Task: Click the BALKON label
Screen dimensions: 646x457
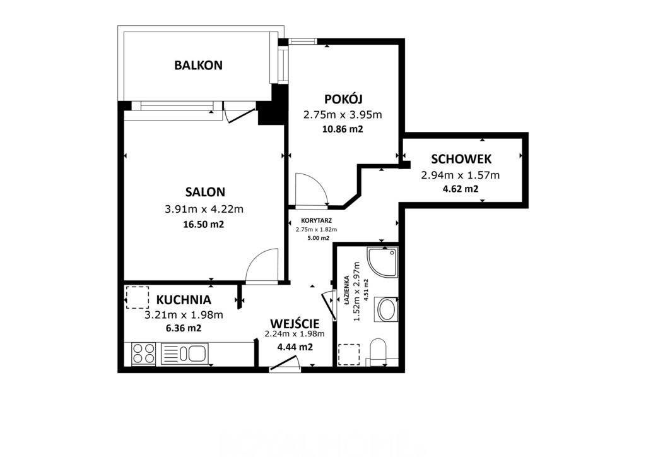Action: tap(198, 65)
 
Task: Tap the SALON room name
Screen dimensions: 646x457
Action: tap(205, 192)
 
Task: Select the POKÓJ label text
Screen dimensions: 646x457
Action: tap(343, 99)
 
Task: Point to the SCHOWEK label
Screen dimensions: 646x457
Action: tap(461, 159)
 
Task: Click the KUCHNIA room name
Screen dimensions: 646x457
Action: tap(184, 300)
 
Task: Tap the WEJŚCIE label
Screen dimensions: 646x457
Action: tap(295, 323)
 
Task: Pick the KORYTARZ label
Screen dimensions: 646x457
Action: tap(316, 220)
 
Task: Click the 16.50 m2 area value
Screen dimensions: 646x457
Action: tap(204, 225)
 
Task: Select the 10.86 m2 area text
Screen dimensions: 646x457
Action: tap(343, 129)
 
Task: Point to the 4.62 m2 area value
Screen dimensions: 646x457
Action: tap(460, 189)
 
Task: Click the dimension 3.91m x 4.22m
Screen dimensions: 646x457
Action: tap(204, 210)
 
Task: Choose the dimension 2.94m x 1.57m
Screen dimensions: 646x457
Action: tap(460, 175)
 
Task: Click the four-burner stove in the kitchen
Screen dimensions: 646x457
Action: tap(143, 353)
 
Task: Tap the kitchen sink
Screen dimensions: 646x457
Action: tap(184, 353)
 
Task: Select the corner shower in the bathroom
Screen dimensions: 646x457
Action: tap(382, 263)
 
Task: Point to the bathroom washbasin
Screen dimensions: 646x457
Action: tap(387, 309)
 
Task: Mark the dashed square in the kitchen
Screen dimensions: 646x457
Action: tap(137, 297)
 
